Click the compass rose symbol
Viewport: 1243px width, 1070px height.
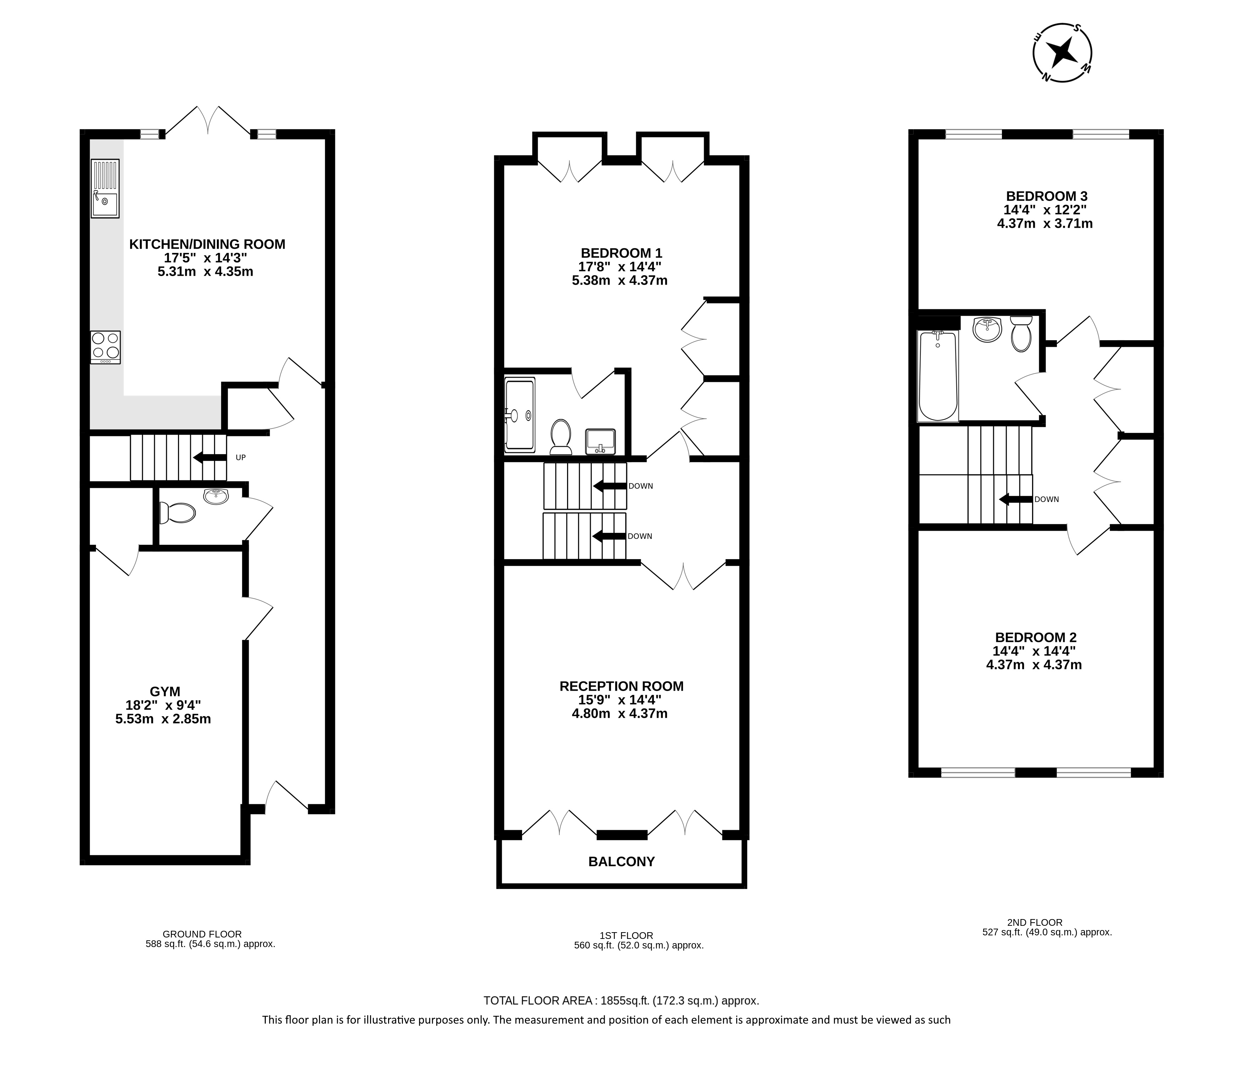(x=1063, y=53)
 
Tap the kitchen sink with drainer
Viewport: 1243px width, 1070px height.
(x=105, y=188)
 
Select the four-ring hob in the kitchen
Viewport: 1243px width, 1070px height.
(x=106, y=347)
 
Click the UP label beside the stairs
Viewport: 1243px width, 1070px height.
(x=241, y=458)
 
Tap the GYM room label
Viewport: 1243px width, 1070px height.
(x=165, y=692)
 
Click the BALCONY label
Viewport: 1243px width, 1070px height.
(x=622, y=862)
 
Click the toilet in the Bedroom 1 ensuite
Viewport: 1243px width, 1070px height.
(x=561, y=436)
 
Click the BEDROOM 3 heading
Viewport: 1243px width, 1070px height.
(x=1047, y=196)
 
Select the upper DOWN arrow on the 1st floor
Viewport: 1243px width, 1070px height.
(x=610, y=486)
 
